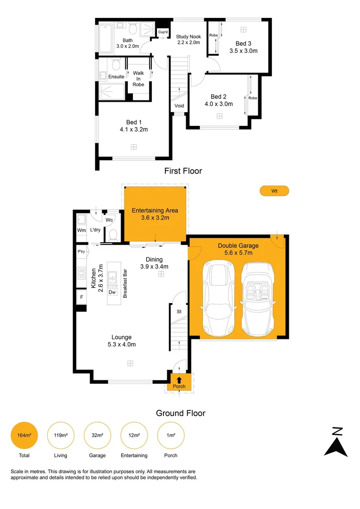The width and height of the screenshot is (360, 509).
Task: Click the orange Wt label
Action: (x=274, y=191)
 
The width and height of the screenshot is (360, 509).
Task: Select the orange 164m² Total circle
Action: (x=24, y=435)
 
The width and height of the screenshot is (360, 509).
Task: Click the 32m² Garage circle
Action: (x=98, y=435)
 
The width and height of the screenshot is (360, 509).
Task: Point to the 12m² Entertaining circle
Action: (x=134, y=435)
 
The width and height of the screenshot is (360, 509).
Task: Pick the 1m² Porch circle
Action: (x=171, y=435)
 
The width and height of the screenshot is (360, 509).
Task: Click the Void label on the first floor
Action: (x=179, y=106)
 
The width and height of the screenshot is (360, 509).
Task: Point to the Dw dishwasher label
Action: (x=112, y=292)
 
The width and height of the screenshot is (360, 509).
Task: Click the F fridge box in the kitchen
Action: (x=82, y=297)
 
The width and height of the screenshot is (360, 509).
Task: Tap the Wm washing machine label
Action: (x=82, y=230)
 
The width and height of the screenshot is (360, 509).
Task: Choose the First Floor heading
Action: (x=183, y=171)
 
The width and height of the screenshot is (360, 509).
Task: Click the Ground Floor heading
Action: (x=180, y=413)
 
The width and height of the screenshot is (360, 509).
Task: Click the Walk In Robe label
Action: (x=138, y=79)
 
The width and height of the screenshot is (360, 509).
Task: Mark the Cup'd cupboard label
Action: (x=164, y=32)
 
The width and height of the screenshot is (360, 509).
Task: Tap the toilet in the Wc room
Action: (x=113, y=235)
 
